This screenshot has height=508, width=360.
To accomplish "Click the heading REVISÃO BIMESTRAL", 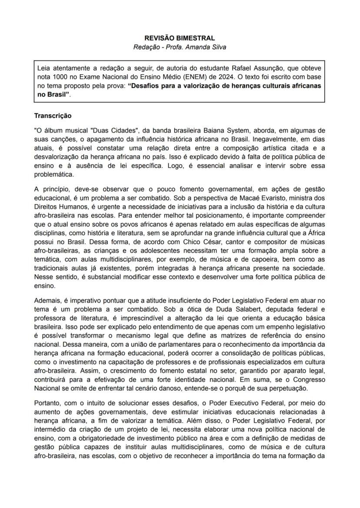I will point(180,39).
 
